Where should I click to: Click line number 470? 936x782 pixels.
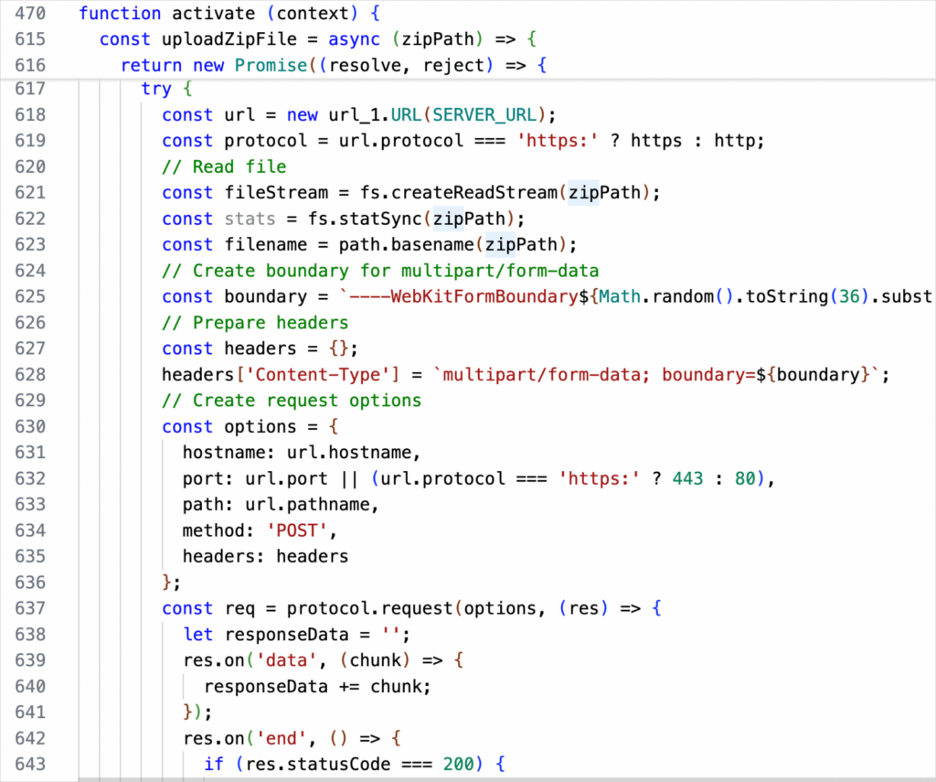point(31,13)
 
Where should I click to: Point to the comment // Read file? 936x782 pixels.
point(224,166)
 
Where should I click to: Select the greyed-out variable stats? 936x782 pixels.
point(250,219)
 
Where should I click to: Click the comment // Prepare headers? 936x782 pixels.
point(255,323)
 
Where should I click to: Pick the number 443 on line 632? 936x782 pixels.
point(687,479)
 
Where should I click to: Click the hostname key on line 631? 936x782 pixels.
point(223,453)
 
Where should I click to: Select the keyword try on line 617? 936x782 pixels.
point(156,89)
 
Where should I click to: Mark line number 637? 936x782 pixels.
point(31,608)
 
